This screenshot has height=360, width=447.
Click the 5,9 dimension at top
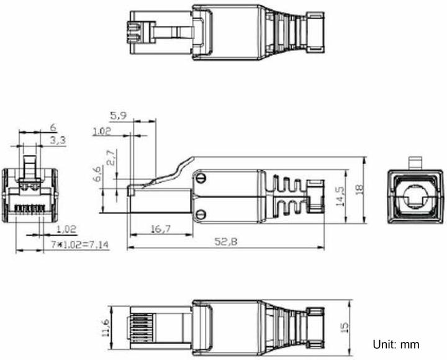(119, 115)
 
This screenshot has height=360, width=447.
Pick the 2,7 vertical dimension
(110, 158)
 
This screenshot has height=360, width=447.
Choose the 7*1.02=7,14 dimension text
(79, 245)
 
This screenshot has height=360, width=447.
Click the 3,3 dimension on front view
(58, 141)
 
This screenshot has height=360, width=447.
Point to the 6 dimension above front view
(53, 127)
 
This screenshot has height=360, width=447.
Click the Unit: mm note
(395, 344)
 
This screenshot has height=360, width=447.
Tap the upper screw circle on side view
(202, 178)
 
